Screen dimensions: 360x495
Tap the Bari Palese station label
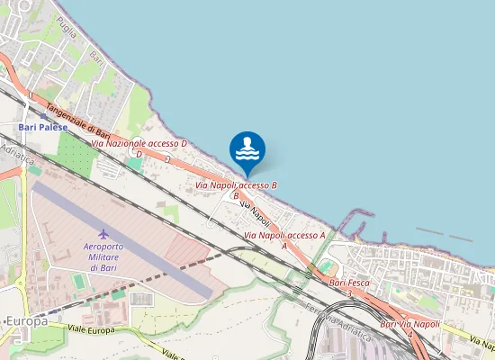pyautogui.click(x=43, y=127)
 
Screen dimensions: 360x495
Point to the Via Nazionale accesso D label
pyautogui.click(x=139, y=143)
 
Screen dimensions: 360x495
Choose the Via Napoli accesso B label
pyautogui.click(x=237, y=184)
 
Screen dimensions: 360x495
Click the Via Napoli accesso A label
pyautogui.click(x=284, y=235)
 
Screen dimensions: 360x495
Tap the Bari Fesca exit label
pyautogui.click(x=349, y=283)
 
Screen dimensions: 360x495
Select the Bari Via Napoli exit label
pyautogui.click(x=410, y=324)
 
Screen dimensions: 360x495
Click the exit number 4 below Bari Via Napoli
pyautogui.click(x=410, y=334)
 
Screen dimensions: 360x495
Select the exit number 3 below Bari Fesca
pyautogui.click(x=348, y=292)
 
